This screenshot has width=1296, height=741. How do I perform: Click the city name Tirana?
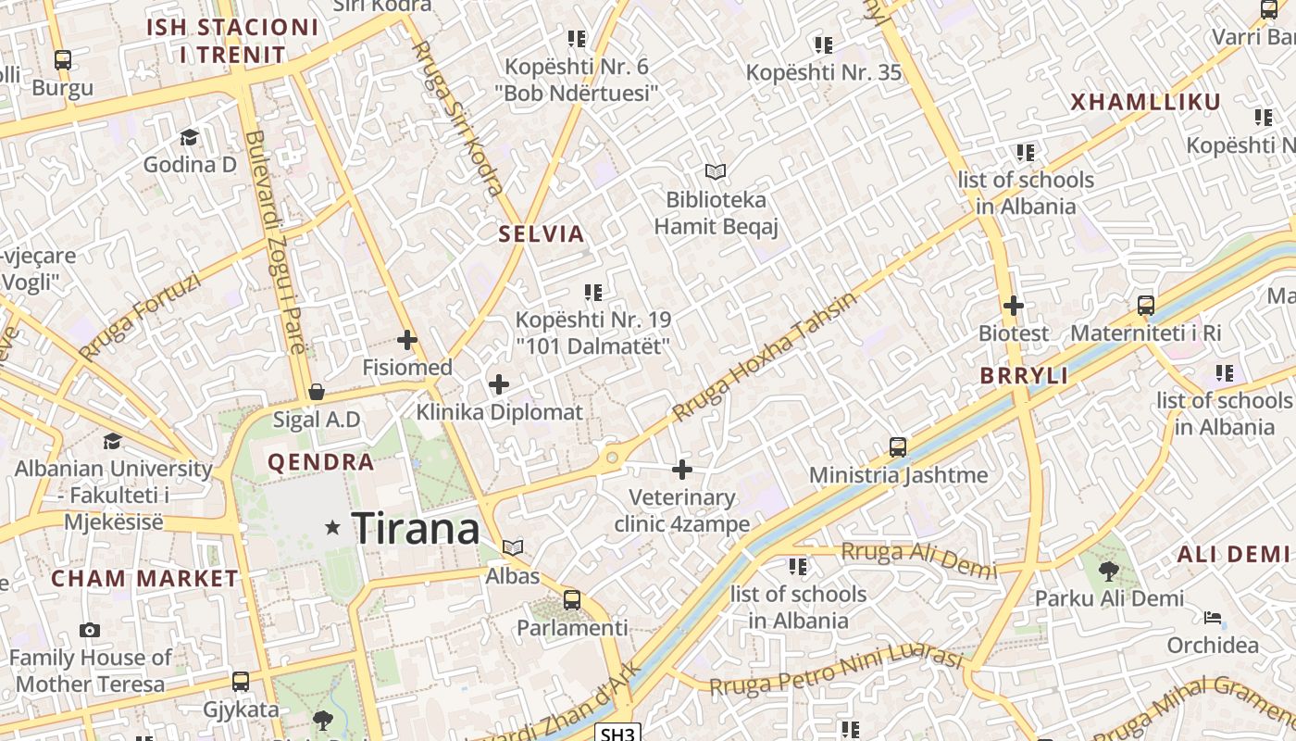pos(416,528)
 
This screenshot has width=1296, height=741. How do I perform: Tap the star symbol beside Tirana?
pos(332,528)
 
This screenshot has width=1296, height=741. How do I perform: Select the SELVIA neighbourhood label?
pos(542,234)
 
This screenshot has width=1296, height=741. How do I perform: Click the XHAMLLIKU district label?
pos(1146,103)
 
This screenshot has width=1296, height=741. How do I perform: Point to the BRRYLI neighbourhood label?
pos(1025,376)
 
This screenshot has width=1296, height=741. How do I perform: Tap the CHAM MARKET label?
pos(144,579)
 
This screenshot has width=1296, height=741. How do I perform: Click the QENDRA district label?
pos(321,462)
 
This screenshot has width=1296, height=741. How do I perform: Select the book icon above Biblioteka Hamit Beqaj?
pos(716,171)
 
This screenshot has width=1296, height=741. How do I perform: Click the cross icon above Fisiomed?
pos(406,340)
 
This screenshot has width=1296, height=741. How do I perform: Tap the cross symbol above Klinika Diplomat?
pos(499,383)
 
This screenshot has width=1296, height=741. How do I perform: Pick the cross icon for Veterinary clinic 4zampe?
pos(682,470)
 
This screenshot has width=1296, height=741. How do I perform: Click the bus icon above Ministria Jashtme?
pos(898,447)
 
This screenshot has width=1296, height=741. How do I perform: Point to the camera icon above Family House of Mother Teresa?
pos(90,630)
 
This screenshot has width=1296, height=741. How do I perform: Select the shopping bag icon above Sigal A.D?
pos(317,392)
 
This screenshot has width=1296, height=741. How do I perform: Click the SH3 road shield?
pos(617,734)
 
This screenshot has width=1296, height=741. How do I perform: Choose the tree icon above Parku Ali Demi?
pos(1109,571)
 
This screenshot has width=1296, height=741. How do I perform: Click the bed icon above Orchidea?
pos(1213,618)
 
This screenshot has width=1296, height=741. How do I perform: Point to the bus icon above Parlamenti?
pos(572,599)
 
